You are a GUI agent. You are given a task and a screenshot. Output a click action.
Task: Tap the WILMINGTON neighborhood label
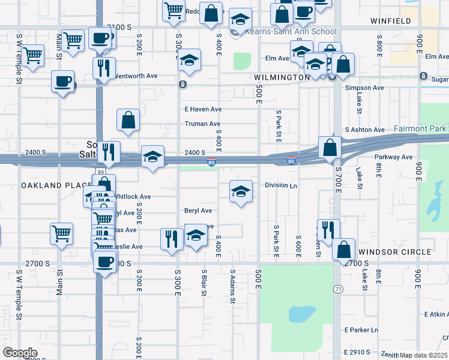(281, 78)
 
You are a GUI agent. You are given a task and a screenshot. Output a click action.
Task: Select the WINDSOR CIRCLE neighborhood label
(395, 251)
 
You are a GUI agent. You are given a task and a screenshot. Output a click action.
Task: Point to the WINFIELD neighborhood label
(391, 21)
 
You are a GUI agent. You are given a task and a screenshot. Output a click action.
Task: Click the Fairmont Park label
(420, 128)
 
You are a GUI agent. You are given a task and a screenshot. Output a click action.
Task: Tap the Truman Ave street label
(202, 124)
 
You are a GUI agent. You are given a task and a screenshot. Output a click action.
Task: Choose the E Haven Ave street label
(203, 109)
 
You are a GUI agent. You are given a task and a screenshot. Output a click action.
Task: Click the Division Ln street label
(281, 185)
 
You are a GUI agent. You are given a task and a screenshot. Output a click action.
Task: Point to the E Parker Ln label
(361, 330)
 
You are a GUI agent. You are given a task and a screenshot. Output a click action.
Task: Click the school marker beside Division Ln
(241, 191)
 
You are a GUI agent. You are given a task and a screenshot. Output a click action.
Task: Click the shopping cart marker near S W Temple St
(32, 56)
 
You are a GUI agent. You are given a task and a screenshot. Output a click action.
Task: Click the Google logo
(19, 353)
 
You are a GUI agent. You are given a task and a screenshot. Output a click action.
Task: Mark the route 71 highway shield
(339, 289)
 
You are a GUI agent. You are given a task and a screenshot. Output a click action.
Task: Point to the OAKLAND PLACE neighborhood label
(56, 185)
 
